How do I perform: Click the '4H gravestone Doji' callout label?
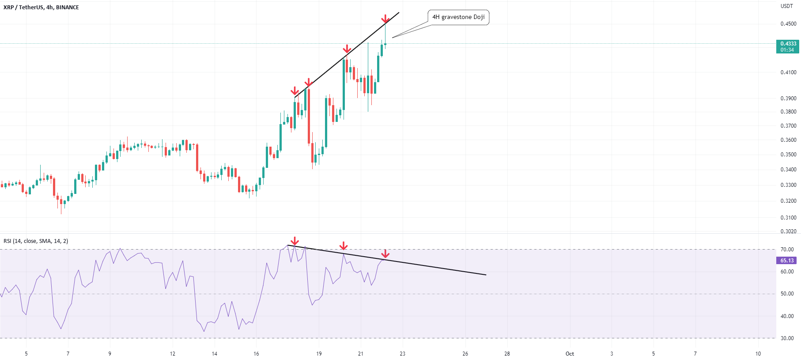click(x=458, y=17)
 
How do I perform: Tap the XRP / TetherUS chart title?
click(x=41, y=8)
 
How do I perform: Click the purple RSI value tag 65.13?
click(x=787, y=261)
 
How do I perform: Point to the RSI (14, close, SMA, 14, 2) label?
click(x=36, y=241)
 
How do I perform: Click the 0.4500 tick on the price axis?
click(x=788, y=24)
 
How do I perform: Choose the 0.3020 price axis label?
click(x=788, y=231)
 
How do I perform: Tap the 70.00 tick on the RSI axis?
click(x=787, y=250)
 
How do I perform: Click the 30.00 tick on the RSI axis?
click(x=787, y=338)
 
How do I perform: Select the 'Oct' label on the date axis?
click(x=570, y=354)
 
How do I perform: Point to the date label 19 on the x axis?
click(x=319, y=354)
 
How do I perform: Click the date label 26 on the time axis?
click(x=465, y=354)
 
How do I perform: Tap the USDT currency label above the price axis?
click(x=786, y=6)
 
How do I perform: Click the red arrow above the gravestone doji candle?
click(x=385, y=19)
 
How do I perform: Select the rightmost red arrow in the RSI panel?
click(x=385, y=254)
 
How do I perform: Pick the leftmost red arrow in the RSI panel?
click(x=295, y=241)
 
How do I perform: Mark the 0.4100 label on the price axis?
click(x=788, y=72)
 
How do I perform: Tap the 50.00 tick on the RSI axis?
click(x=787, y=294)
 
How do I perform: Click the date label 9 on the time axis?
click(x=110, y=354)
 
